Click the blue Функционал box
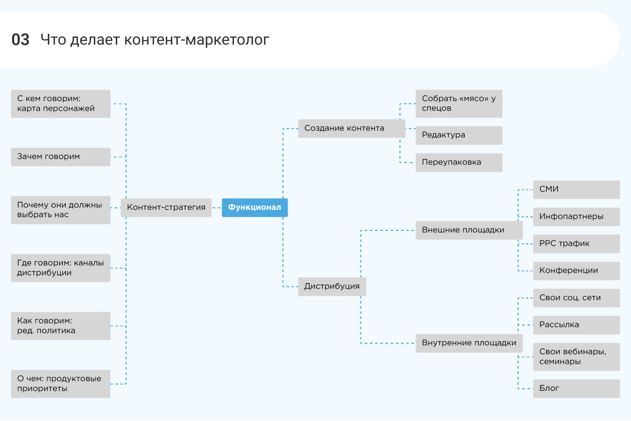click(x=255, y=207)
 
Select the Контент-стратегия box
click(x=166, y=207)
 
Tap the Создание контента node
click(x=352, y=128)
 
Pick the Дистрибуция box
click(x=332, y=286)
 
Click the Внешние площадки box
click(x=469, y=230)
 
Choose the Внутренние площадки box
click(x=469, y=343)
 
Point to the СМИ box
click(x=576, y=189)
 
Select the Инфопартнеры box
click(x=576, y=216)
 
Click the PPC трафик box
click(x=576, y=243)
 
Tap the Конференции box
click(x=576, y=270)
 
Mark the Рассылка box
click(x=576, y=325)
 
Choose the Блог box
click(x=576, y=388)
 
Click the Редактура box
click(x=458, y=135)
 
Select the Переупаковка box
click(x=458, y=162)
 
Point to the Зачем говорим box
click(x=60, y=157)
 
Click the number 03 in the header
click(x=20, y=40)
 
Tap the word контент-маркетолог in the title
click(x=197, y=40)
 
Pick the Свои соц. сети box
click(x=576, y=297)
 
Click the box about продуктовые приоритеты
click(x=60, y=384)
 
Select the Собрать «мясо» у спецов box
click(x=458, y=103)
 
